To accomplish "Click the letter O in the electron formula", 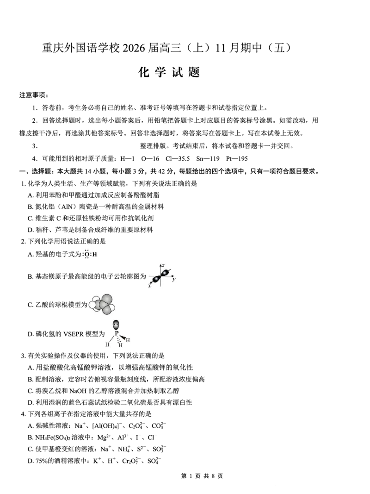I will click(86, 255).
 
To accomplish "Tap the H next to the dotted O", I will click(95, 255).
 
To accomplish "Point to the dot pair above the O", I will click(86, 250).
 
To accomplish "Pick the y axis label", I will click(173, 280).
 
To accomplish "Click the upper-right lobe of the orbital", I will click(165, 272).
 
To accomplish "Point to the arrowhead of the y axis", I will click(173, 276).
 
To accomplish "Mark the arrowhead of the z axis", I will click(160, 265).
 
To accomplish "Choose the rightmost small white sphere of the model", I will click(111, 307).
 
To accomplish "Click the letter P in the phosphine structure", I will click(117, 333).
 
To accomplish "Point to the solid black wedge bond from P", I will click(123, 338).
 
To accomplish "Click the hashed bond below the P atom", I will click(118, 340).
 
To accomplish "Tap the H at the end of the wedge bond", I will click(128, 340).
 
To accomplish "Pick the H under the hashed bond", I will click(120, 345).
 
